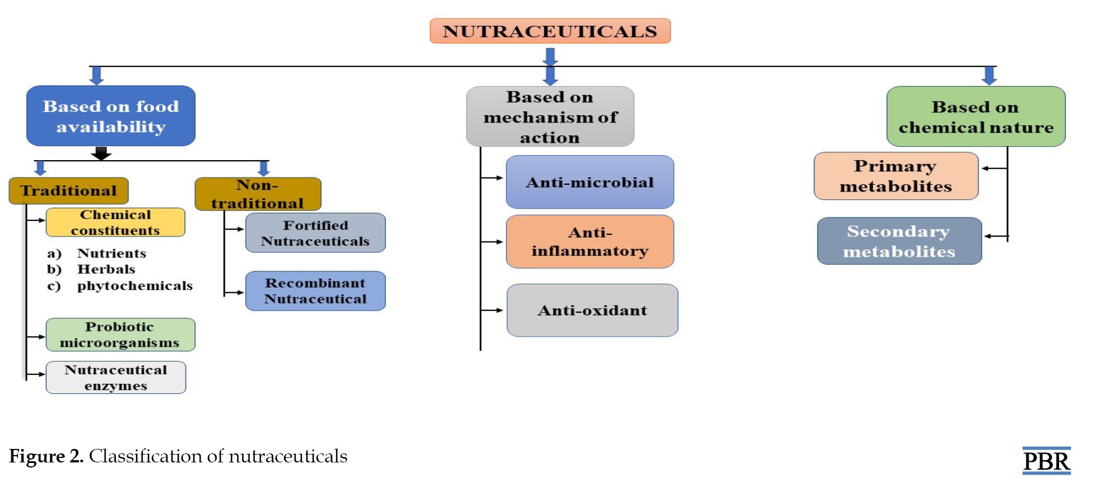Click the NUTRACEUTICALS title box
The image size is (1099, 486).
click(550, 31)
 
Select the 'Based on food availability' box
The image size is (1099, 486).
click(111, 116)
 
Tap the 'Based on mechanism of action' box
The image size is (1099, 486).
click(550, 116)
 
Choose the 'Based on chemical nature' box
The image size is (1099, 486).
click(976, 116)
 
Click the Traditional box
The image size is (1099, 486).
click(69, 190)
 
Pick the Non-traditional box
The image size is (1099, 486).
click(258, 194)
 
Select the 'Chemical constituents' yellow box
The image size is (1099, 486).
click(115, 222)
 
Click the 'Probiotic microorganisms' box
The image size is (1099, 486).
click(120, 335)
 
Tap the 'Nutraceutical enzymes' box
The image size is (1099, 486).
click(116, 378)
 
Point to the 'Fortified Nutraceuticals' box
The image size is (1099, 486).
click(315, 233)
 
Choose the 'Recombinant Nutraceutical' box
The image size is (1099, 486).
click(315, 291)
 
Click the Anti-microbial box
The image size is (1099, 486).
click(590, 182)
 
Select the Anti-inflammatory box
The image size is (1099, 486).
click(590, 242)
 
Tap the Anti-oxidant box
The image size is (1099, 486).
click(593, 310)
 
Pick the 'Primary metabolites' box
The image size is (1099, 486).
click(896, 176)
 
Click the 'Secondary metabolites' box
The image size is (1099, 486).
click(899, 241)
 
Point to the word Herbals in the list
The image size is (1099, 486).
click(106, 269)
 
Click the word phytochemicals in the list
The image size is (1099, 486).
click(135, 286)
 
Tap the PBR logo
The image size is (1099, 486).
click(1047, 461)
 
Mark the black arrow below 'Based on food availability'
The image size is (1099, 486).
click(101, 153)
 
